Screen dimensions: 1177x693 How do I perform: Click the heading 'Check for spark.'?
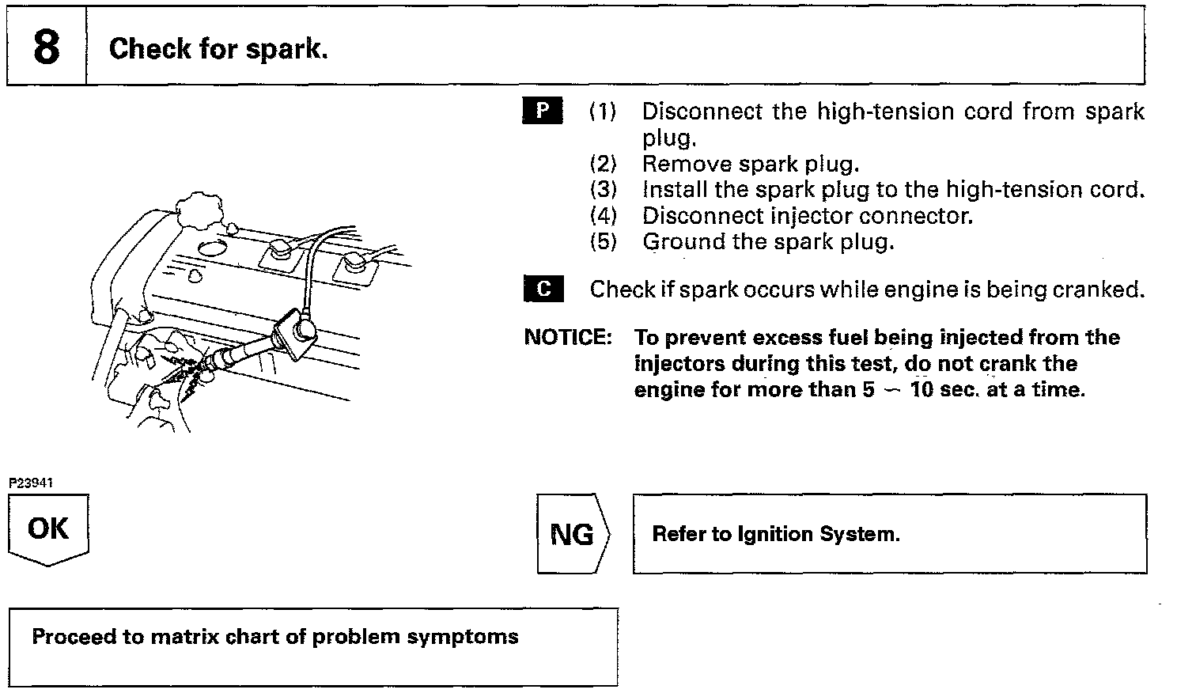pos(218,49)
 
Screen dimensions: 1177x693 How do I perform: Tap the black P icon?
pos(543,111)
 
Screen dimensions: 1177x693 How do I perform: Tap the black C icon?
pos(543,290)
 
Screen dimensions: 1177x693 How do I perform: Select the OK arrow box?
pos(48,528)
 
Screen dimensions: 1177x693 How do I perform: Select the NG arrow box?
pos(572,534)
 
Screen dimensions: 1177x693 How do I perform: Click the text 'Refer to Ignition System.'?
pos(775,534)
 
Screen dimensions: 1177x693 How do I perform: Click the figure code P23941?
pos(31,483)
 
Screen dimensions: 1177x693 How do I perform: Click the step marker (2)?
pos(603,164)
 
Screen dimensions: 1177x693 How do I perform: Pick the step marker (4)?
pos(603,215)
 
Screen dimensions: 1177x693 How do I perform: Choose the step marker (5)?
pos(603,241)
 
